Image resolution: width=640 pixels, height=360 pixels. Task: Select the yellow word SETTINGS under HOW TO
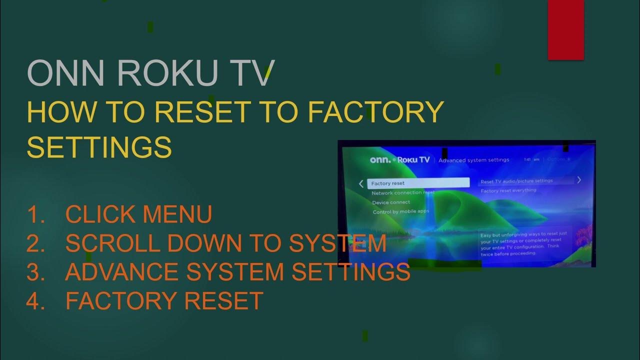(99, 147)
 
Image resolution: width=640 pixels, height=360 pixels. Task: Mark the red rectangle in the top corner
(566, 29)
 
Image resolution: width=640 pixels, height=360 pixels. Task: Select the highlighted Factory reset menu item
(418, 183)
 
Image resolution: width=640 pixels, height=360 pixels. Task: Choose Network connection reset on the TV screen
(403, 193)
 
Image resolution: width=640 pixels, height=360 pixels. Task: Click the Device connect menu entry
(391, 202)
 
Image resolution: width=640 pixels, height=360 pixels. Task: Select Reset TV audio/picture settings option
(516, 181)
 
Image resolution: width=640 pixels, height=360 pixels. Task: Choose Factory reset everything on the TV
(508, 190)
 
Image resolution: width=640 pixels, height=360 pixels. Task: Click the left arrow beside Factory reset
(361, 183)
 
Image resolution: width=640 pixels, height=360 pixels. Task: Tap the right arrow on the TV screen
(579, 180)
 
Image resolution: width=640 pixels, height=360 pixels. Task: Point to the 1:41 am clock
(531, 160)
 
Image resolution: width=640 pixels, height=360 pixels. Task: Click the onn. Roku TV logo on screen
(399, 160)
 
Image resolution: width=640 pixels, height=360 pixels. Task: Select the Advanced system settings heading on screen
(474, 160)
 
